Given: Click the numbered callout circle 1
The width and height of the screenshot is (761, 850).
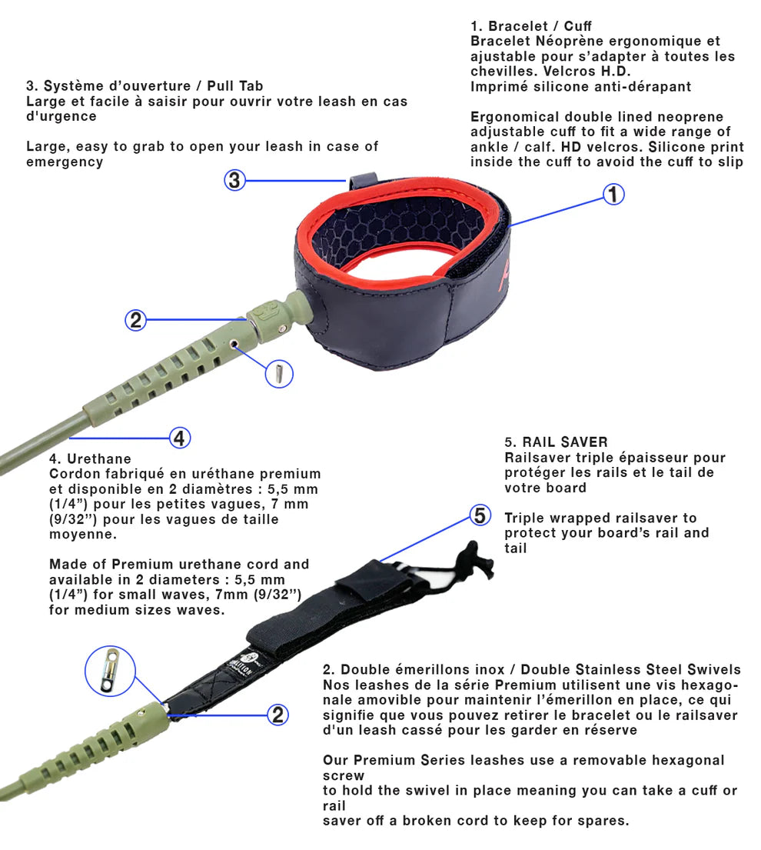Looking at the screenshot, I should tap(613, 194).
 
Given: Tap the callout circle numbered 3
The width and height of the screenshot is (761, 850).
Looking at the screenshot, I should tap(235, 181).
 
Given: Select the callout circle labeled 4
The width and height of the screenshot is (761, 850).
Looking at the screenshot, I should tap(179, 438).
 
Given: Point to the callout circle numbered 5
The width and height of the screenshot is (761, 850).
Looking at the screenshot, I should tap(480, 515).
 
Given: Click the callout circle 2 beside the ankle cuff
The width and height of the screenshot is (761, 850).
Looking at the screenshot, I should tap(136, 320).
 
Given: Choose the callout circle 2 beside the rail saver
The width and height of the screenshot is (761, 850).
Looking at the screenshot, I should tap(277, 715).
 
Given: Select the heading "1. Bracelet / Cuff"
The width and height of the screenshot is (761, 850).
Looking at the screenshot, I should tap(531, 26).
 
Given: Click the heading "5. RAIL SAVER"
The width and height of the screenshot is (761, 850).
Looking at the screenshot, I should tap(556, 442).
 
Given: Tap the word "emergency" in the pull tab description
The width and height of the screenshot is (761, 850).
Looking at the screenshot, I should tap(65, 162).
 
